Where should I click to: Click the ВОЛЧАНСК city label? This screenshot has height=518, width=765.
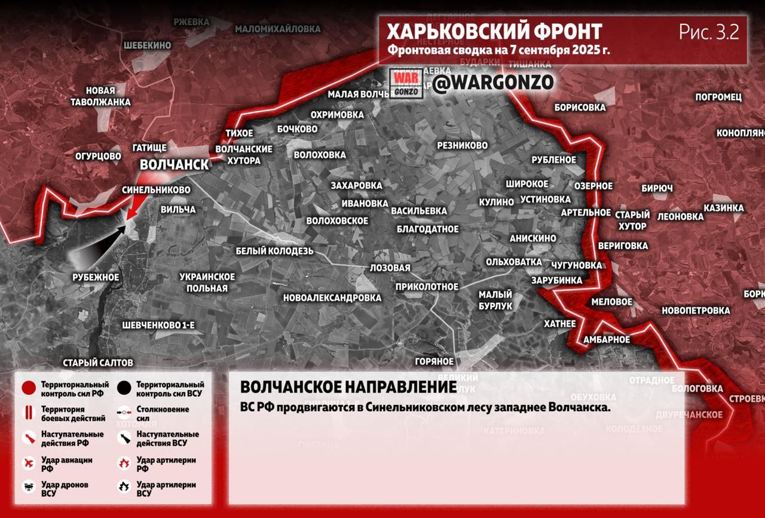[x=175, y=164]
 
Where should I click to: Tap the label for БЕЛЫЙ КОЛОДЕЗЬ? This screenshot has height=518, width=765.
[x=274, y=251]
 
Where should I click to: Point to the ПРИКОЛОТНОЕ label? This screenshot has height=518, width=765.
[x=427, y=287]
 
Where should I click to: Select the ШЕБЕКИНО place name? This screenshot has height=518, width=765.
[x=147, y=45]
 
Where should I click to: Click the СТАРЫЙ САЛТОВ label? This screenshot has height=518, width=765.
[x=98, y=363]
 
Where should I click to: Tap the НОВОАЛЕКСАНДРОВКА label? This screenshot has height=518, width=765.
[x=332, y=298]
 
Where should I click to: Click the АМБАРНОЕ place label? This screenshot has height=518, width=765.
[x=607, y=339]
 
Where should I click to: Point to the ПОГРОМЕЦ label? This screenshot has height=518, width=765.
[x=718, y=97]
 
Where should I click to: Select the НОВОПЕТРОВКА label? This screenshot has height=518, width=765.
[x=695, y=311]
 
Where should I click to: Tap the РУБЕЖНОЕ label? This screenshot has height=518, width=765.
[x=96, y=277]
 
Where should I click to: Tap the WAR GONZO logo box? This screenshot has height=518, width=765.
[x=407, y=83]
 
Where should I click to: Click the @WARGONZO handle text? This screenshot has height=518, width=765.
[x=493, y=82]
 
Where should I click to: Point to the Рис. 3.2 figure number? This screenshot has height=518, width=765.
[x=709, y=32]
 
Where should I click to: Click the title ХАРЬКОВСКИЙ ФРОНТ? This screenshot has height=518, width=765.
[x=494, y=31]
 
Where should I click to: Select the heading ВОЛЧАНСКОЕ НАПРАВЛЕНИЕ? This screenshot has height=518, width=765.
[x=348, y=387]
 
